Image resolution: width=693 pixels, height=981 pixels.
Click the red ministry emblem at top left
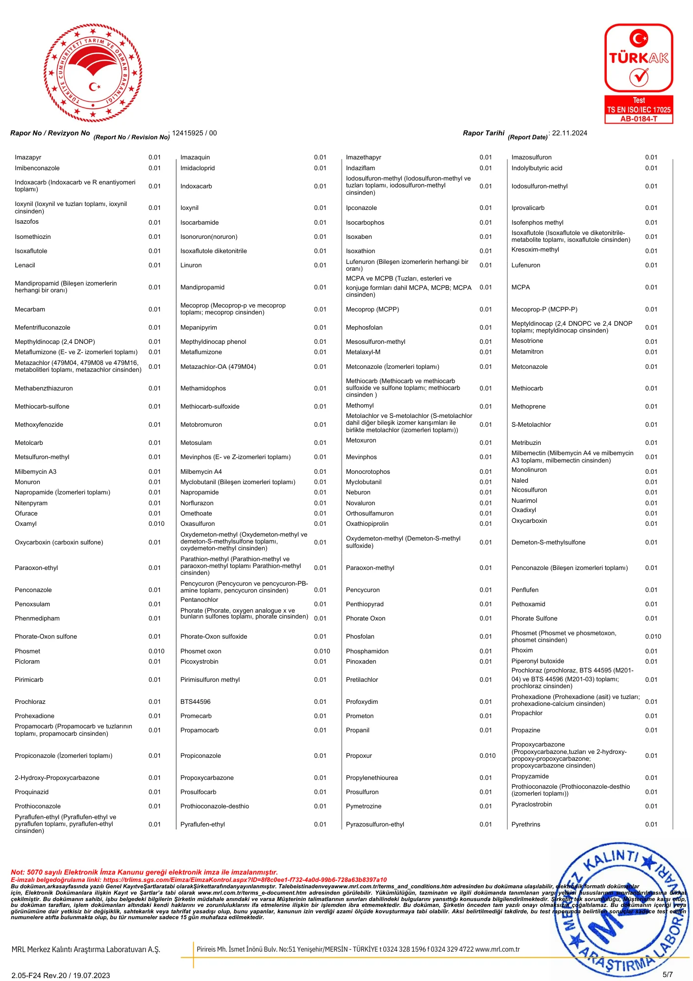pyautogui.click(x=93, y=73)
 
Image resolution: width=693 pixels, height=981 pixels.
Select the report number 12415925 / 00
pyautogui.click(x=194, y=133)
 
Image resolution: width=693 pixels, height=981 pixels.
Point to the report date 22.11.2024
pyautogui.click(x=569, y=133)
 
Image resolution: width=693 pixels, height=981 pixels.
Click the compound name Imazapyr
pyautogui.click(x=28, y=157)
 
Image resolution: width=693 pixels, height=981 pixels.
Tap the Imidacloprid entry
pyautogui.click(x=198, y=168)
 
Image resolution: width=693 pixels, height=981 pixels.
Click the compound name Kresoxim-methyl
pyautogui.click(x=535, y=250)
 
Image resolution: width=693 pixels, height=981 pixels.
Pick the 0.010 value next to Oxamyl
pyautogui.click(x=156, y=524)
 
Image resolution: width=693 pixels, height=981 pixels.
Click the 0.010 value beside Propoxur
pyautogui.click(x=488, y=756)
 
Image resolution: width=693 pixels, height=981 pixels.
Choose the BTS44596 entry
pyautogui.click(x=195, y=702)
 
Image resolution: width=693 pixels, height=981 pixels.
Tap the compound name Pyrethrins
pyautogui.click(x=525, y=825)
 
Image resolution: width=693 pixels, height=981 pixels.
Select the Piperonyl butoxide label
pyautogui.click(x=538, y=661)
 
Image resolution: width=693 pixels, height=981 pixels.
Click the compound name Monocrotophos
pyautogui.click(x=368, y=472)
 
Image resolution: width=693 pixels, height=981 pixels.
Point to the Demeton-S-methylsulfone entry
pyautogui.click(x=548, y=542)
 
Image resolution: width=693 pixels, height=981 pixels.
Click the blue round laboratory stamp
pyautogui.click(x=622, y=912)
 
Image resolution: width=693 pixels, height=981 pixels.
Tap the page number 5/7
pyautogui.click(x=668, y=975)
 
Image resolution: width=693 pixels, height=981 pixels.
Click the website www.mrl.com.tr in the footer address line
pyautogui.click(x=497, y=949)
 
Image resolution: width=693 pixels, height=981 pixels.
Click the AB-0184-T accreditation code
pyautogui.click(x=639, y=119)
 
